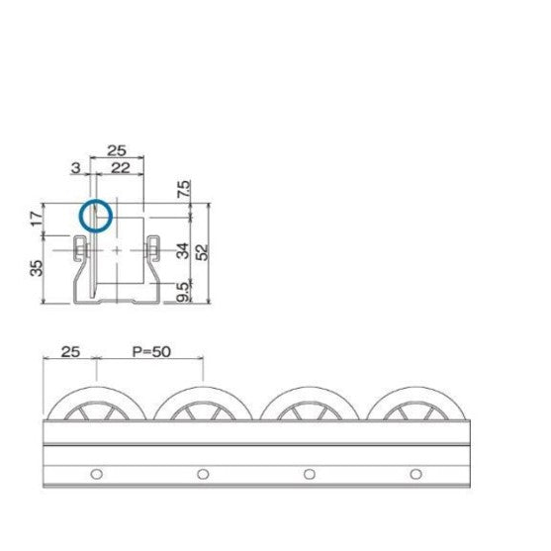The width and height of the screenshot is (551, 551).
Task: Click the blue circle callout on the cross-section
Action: (x=96, y=215)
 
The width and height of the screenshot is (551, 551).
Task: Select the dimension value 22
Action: (x=121, y=169)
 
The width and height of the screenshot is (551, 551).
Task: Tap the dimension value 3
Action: (x=76, y=169)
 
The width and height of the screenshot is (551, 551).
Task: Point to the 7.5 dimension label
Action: (x=185, y=189)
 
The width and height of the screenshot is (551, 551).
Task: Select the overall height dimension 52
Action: (x=203, y=251)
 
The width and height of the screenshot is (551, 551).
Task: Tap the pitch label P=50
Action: (x=150, y=350)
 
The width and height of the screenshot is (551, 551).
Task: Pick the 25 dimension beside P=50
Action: (x=69, y=350)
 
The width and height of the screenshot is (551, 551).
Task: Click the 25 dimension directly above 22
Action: (x=117, y=151)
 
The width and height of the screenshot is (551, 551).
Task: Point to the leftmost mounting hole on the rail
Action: (x=96, y=473)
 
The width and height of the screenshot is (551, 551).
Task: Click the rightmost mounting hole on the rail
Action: (x=413, y=473)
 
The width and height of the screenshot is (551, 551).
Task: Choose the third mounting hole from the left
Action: (x=308, y=473)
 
